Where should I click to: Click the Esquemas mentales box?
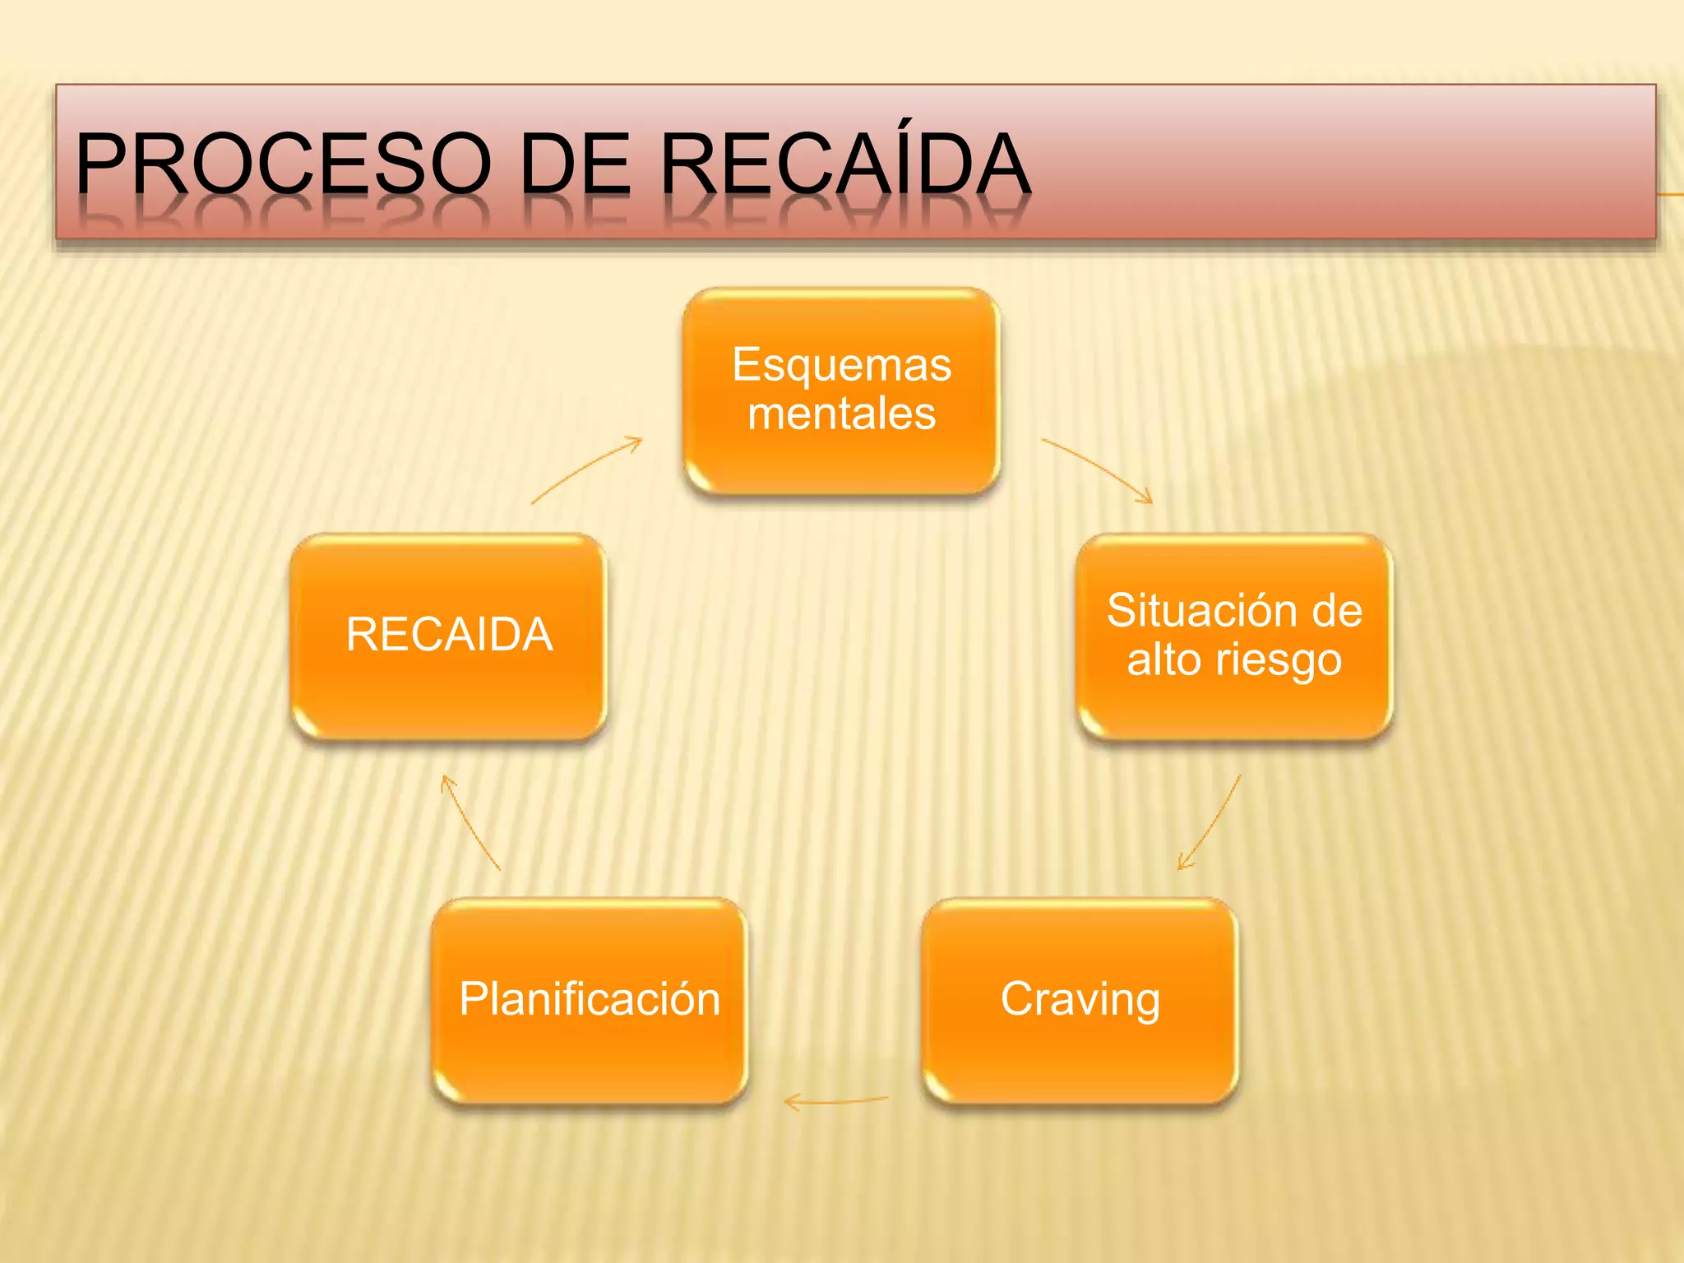(x=841, y=391)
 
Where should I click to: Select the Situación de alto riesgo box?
(x=1234, y=636)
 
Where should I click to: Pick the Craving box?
(x=1080, y=1000)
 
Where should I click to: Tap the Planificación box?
(x=590, y=1000)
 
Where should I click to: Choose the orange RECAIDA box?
(x=449, y=636)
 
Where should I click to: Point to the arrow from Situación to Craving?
(x=1211, y=821)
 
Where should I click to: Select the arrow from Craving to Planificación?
(x=835, y=1100)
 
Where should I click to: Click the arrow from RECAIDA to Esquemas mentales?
(x=586, y=470)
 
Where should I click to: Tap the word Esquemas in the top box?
(x=841, y=365)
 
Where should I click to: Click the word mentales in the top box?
(x=841, y=414)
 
